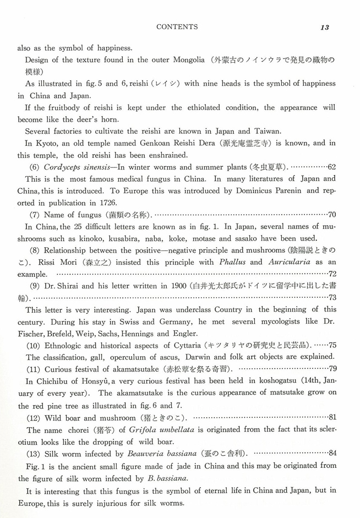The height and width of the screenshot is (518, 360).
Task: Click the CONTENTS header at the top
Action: tap(177, 26)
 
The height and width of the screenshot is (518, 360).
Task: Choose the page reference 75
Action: tap(332, 345)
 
